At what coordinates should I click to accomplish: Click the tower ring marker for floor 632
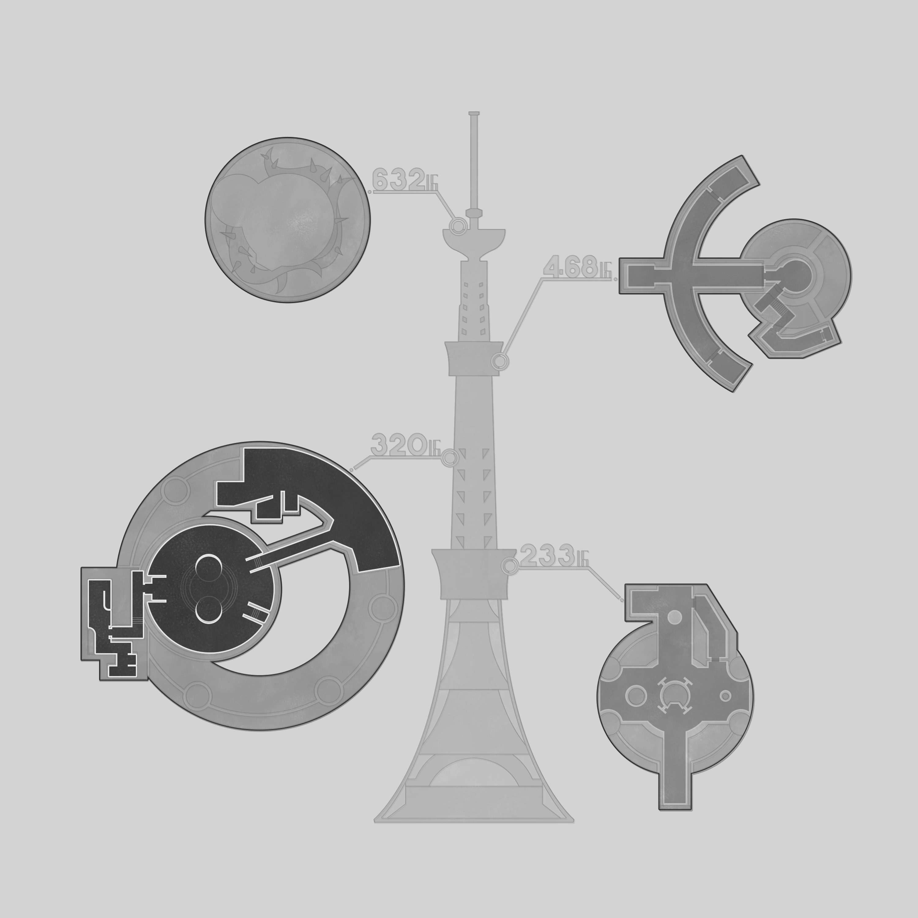coord(458,226)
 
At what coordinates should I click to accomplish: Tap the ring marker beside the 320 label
coord(450,458)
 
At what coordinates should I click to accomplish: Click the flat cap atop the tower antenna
coord(474,113)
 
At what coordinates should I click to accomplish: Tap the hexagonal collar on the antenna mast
coord(474,212)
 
